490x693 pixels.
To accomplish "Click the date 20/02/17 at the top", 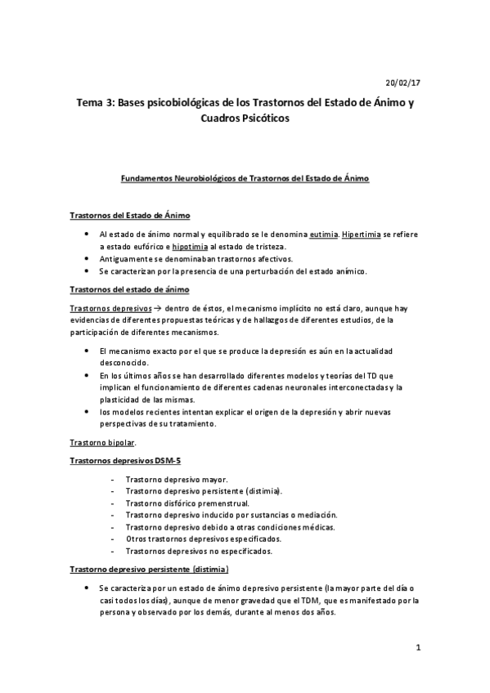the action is (402, 83).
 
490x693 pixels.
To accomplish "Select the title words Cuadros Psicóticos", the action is (245, 118).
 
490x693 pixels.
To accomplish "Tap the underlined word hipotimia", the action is (189, 245).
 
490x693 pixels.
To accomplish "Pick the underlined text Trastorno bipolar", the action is (101, 443).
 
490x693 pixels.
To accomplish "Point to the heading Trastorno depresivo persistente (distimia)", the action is (149, 569).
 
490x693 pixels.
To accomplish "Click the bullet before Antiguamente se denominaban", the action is (88, 257).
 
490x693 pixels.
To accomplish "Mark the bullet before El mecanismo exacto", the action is (88, 350).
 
